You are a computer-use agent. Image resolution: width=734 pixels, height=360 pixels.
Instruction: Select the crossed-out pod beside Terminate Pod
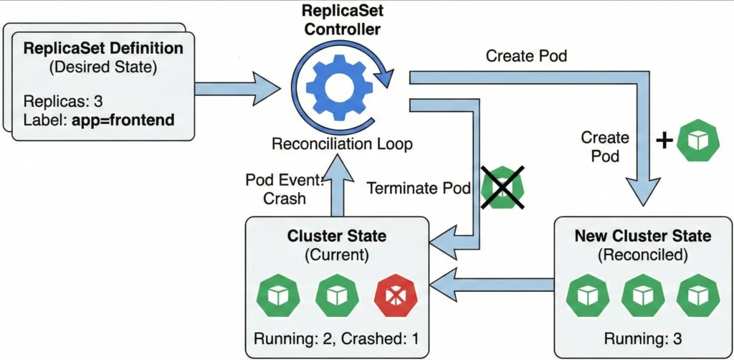502,189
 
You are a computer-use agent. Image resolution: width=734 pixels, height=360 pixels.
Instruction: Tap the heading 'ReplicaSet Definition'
103,49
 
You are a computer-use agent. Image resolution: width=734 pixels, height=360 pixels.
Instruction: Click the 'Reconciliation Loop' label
341,143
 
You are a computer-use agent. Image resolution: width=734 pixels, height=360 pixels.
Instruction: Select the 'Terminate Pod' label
417,189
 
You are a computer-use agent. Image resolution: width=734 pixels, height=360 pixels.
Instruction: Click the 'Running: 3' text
639,338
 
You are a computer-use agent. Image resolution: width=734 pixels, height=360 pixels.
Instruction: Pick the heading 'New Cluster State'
643,236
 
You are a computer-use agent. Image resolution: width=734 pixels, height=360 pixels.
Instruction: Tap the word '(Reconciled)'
642,254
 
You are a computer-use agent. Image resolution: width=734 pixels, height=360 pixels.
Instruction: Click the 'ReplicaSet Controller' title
342,20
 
